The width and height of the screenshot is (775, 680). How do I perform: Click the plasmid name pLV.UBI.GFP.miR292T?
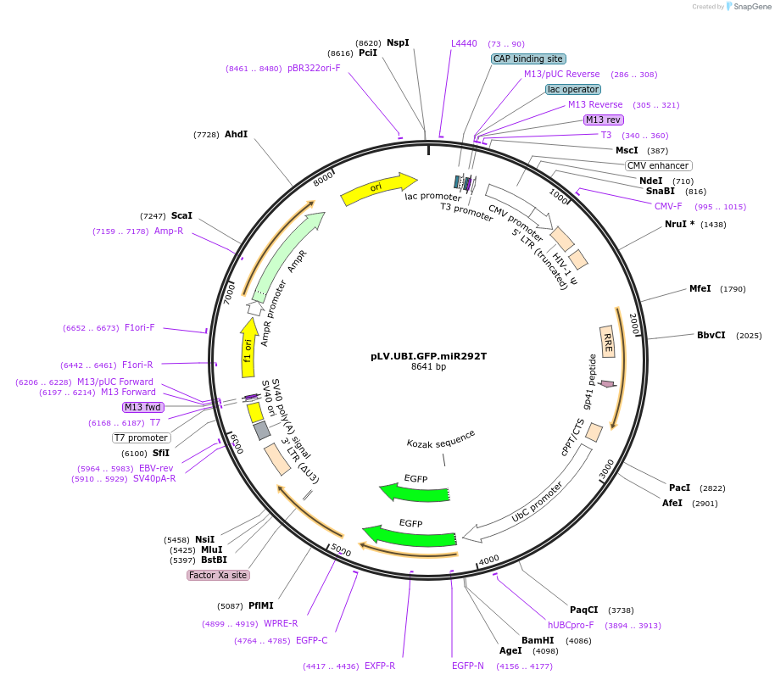[x=428, y=356]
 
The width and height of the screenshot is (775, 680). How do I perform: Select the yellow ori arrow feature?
[x=378, y=191]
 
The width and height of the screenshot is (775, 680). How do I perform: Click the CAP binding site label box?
[x=528, y=59]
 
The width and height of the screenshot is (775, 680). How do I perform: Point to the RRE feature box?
[x=607, y=342]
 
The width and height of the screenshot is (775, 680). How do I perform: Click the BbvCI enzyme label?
[x=711, y=335]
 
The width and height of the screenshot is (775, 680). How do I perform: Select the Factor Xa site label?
[x=218, y=575]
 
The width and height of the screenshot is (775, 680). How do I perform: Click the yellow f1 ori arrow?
[x=248, y=348]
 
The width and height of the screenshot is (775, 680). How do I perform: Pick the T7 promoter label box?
[x=142, y=438]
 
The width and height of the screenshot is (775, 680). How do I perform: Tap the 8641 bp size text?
[x=428, y=366]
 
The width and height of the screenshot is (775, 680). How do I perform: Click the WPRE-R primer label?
[x=281, y=623]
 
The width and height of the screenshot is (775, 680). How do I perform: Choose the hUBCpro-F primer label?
[x=571, y=625]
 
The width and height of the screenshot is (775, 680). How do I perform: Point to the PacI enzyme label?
[x=679, y=488]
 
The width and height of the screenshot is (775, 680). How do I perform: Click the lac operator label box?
[x=573, y=89]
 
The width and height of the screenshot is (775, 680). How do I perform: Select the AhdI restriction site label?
[x=236, y=135]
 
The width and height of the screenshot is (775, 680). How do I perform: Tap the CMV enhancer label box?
[x=658, y=165]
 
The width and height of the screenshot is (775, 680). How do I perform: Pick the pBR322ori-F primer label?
[x=314, y=68]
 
